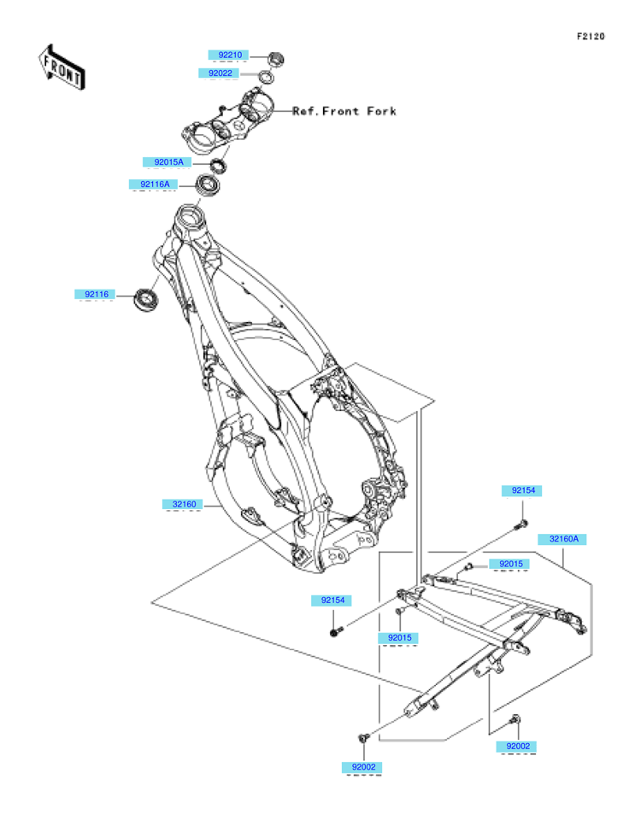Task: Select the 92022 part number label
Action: click(219, 73)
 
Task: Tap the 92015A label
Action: click(168, 162)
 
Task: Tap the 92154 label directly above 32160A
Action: click(522, 490)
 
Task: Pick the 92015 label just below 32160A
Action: click(509, 564)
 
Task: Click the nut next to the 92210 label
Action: click(275, 58)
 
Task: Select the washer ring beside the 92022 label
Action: click(266, 78)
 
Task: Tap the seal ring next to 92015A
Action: click(218, 165)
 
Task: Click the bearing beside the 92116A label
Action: click(208, 185)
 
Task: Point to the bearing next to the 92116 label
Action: click(145, 299)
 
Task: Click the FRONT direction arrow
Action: click(62, 67)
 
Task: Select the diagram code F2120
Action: click(591, 37)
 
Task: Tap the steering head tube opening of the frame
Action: click(189, 216)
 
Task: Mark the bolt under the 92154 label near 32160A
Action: click(522, 524)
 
